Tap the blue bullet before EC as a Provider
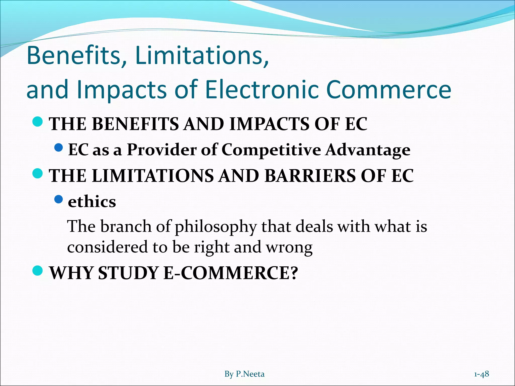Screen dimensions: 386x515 tap(58, 148)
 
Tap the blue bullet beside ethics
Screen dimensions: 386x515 tap(58, 199)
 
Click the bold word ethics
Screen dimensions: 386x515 tap(92, 202)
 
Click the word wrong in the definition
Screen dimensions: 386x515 tap(289, 247)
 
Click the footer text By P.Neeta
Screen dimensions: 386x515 tap(244, 374)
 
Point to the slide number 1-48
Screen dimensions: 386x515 tap(482, 374)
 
